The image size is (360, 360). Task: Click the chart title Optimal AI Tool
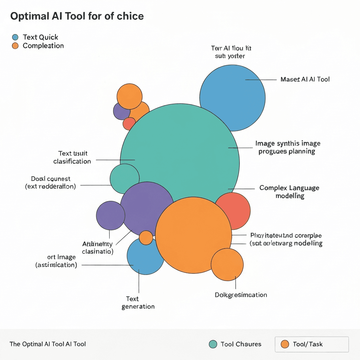click(77, 17)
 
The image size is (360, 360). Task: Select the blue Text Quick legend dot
click(15, 37)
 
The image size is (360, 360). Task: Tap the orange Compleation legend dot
click(15, 46)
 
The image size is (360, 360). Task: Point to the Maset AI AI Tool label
click(305, 79)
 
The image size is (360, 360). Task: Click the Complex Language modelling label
click(289, 192)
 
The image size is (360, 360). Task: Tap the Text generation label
click(138, 303)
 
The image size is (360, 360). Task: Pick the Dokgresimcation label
click(241, 295)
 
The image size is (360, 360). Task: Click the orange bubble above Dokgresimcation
click(227, 264)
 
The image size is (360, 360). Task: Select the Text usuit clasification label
click(72, 157)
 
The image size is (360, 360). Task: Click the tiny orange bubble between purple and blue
click(146, 238)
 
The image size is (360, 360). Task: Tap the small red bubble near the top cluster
click(129, 124)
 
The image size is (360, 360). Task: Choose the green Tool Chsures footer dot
click(213, 344)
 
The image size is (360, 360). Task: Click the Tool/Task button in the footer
click(311, 344)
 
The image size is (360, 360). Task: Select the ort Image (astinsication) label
click(56, 261)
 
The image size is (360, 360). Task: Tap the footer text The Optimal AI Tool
click(48, 344)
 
